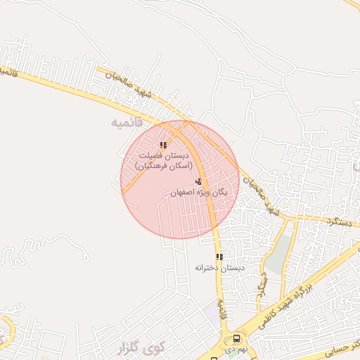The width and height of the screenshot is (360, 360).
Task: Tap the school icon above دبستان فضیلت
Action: click(x=164, y=146)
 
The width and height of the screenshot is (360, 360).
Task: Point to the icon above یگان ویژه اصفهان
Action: click(x=198, y=182)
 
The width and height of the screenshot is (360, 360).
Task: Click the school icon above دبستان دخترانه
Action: click(x=219, y=257)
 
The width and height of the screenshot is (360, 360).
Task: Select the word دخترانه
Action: click(x=208, y=268)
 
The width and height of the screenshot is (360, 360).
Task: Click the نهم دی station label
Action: click(x=232, y=349)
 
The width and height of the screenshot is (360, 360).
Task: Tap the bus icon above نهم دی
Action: click(x=235, y=338)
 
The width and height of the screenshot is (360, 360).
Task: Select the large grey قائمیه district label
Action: click(x=127, y=122)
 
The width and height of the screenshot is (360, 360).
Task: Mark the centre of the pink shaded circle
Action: click(x=180, y=179)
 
